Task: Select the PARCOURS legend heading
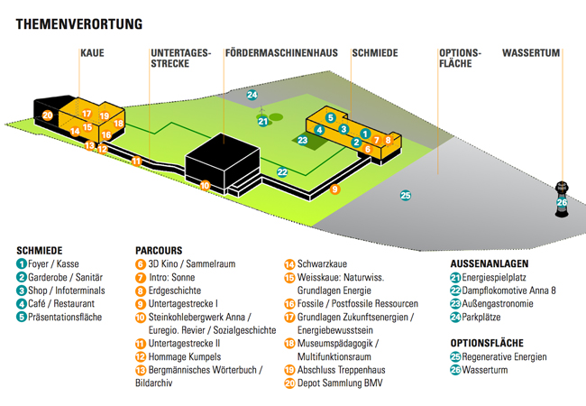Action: pos(159,250)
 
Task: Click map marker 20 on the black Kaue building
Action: pos(47,115)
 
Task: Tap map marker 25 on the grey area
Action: pos(406,195)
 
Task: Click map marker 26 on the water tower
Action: pos(562,202)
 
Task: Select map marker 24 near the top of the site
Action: pos(252,95)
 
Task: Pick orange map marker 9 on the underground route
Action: pos(334,189)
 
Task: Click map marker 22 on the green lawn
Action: pos(282,171)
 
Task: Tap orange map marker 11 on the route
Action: pos(136,161)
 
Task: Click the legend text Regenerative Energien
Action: pos(506,356)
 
